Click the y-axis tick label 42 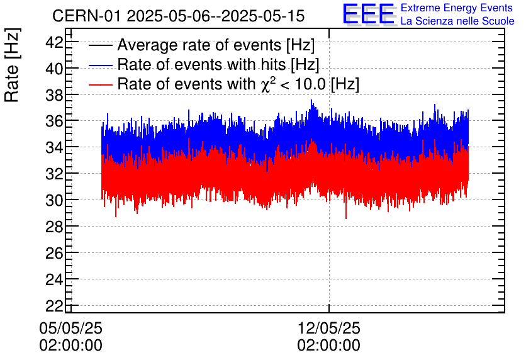click(x=55, y=42)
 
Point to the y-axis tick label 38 click(x=55, y=94)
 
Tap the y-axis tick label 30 click(x=55, y=200)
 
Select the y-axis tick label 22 click(x=55, y=305)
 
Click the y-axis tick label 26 click(x=55, y=252)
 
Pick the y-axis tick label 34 click(x=55, y=147)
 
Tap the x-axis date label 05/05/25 click(x=70, y=329)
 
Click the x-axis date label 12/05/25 click(x=328, y=329)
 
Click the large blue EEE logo click(x=369, y=14)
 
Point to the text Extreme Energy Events click(x=457, y=8)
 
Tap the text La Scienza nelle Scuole click(x=457, y=21)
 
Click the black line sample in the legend click(x=101, y=45)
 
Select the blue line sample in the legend click(x=101, y=65)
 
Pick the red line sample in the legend click(x=101, y=84)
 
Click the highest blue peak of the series click(x=311, y=101)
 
